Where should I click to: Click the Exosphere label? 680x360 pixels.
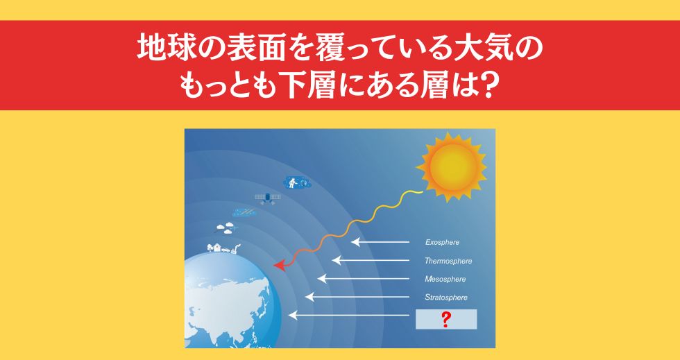click(x=442, y=243)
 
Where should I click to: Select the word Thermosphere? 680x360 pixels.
click(x=448, y=261)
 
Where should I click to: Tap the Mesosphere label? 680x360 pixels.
click(x=445, y=280)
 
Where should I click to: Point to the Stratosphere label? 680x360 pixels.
click(x=446, y=298)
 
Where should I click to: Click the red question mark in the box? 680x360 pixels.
click(x=445, y=319)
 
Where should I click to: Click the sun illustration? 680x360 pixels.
click(x=452, y=167)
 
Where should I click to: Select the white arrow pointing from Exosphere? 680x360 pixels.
click(x=380, y=241)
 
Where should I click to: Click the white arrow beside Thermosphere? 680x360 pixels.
click(x=371, y=260)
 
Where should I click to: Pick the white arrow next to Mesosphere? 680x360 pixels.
click(x=364, y=278)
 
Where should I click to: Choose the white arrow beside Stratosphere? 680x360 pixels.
click(x=357, y=297)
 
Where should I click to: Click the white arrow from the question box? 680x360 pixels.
click(x=348, y=316)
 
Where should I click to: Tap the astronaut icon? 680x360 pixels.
click(x=297, y=182)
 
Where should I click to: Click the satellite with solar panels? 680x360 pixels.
click(x=268, y=198)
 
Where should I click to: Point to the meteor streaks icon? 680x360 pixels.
click(x=244, y=213)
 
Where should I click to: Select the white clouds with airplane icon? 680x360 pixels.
click(x=228, y=228)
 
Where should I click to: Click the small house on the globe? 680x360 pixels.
click(x=217, y=248)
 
